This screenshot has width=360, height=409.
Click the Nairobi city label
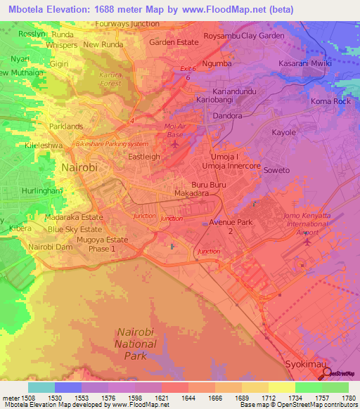click(79, 168)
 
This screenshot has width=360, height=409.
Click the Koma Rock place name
click(330, 101)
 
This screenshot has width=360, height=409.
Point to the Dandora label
click(226, 116)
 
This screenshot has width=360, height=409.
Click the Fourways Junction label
click(127, 23)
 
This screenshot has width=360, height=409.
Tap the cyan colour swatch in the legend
click(41, 387)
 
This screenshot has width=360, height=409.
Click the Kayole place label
click(284, 132)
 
